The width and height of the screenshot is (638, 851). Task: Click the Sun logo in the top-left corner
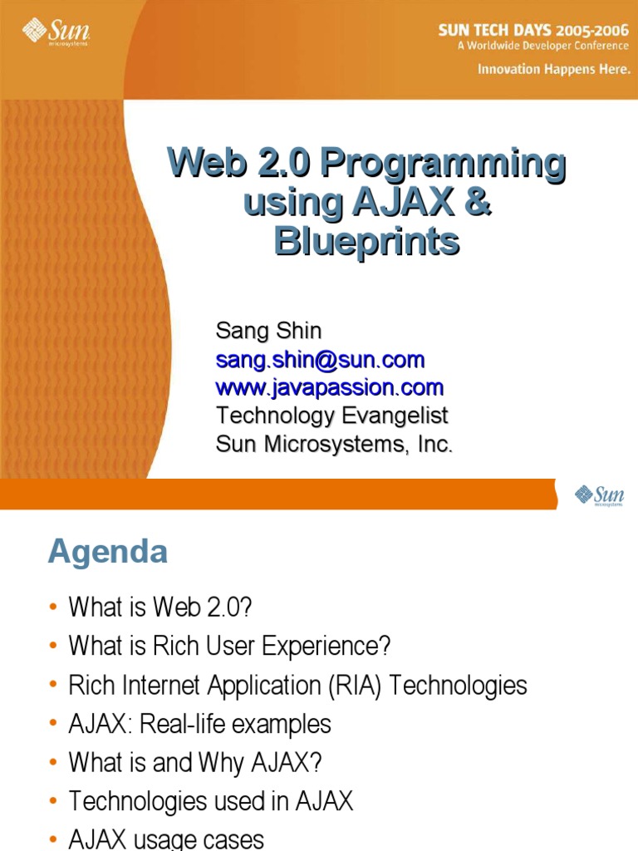55,32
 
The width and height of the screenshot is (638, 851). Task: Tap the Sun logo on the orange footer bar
599,495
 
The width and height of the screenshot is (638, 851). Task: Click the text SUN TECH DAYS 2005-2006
533,30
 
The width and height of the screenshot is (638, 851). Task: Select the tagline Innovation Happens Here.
553,70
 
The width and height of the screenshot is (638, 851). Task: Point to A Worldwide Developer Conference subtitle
543,46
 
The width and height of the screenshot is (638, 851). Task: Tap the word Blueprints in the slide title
366,241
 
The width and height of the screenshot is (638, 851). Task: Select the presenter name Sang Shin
268,331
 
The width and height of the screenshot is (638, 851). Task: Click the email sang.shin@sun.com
320,360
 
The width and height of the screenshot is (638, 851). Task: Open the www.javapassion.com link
330,387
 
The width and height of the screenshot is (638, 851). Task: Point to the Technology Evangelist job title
331,416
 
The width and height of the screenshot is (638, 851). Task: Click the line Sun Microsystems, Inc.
334,444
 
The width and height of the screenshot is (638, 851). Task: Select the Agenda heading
107,552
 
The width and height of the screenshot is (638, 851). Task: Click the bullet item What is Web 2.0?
159,608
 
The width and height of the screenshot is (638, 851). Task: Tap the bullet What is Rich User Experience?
229,646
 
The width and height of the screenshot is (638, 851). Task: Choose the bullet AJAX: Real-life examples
199,724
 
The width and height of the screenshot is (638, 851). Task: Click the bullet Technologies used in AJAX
210,801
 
